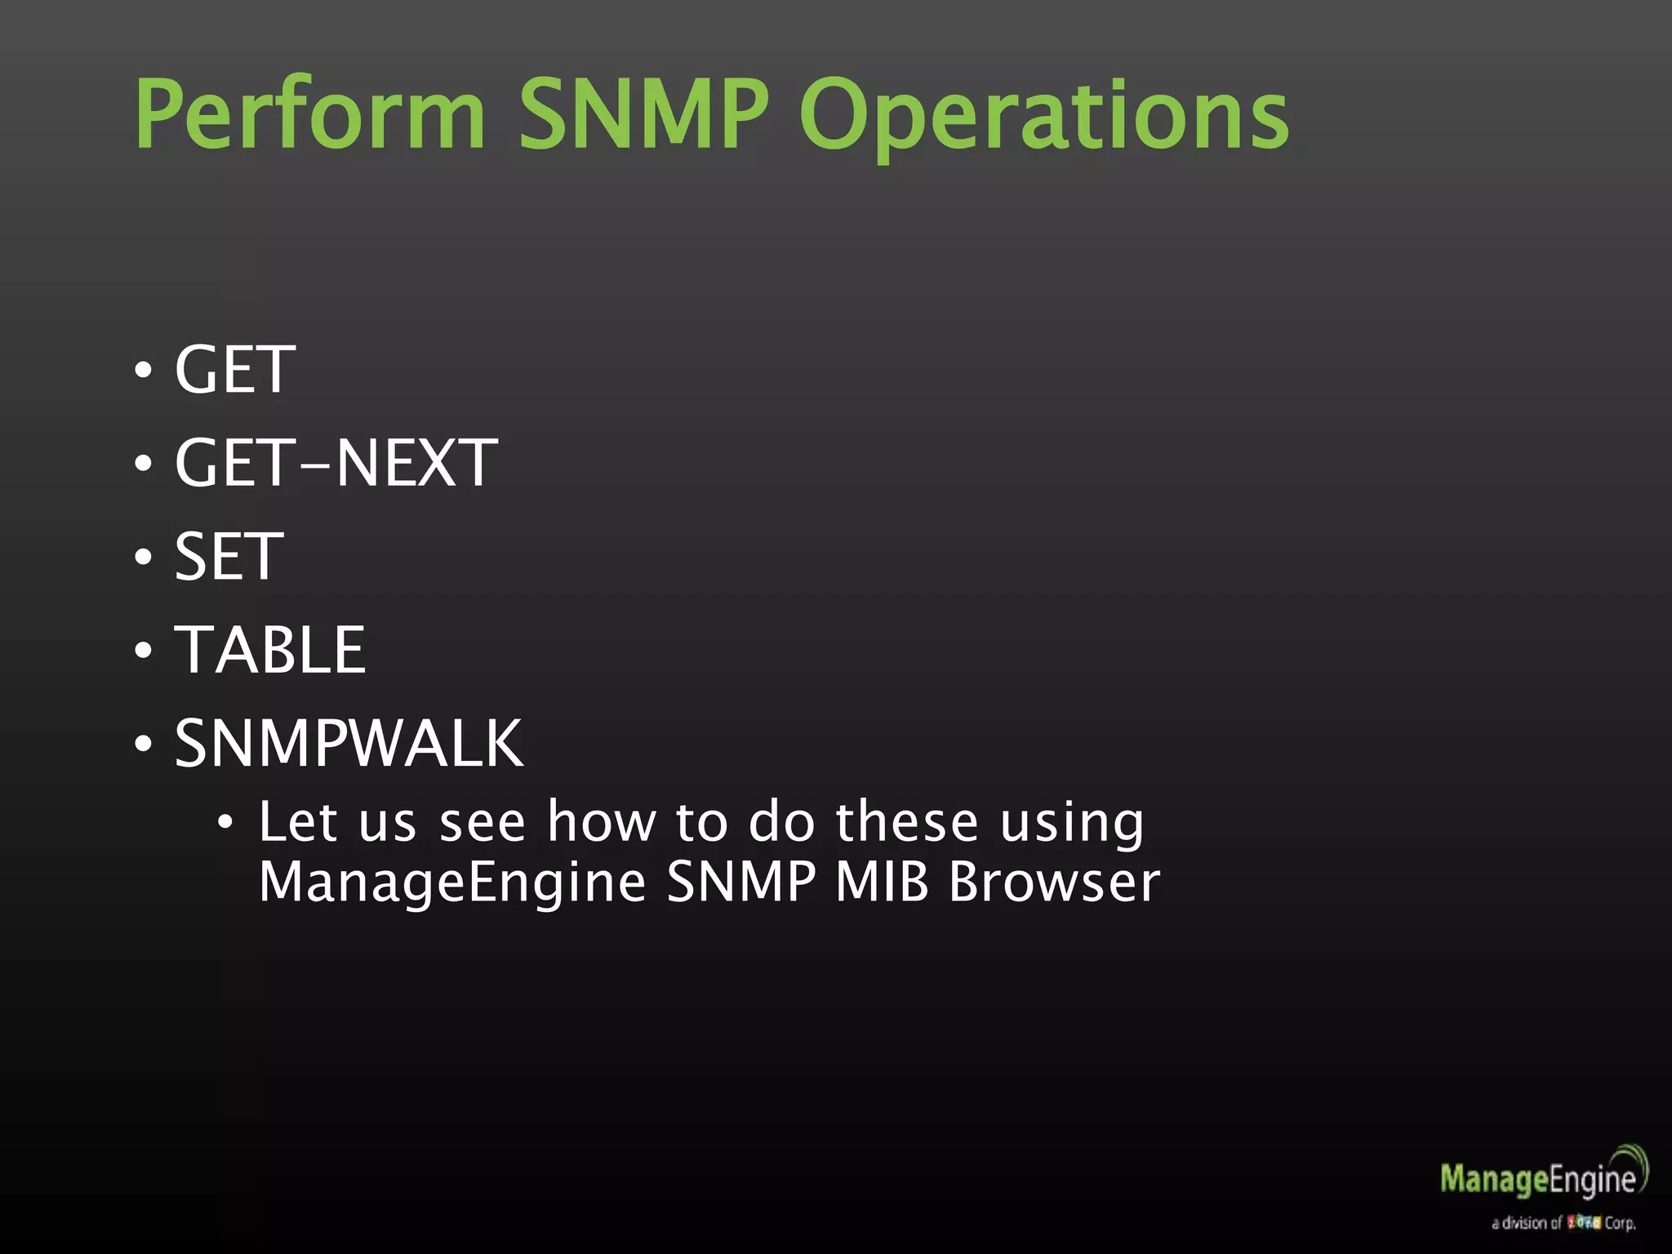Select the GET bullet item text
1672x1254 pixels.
click(x=234, y=371)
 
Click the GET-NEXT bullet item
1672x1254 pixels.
click(x=336, y=464)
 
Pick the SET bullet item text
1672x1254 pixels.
click(x=229, y=557)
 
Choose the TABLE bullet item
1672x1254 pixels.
click(x=270, y=651)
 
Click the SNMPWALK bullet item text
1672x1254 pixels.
click(x=349, y=744)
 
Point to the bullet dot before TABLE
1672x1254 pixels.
click(x=144, y=651)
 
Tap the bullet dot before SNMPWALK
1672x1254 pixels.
click(x=144, y=745)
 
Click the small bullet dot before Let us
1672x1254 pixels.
click(x=225, y=822)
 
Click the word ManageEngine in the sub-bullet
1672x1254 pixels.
click(x=452, y=883)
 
